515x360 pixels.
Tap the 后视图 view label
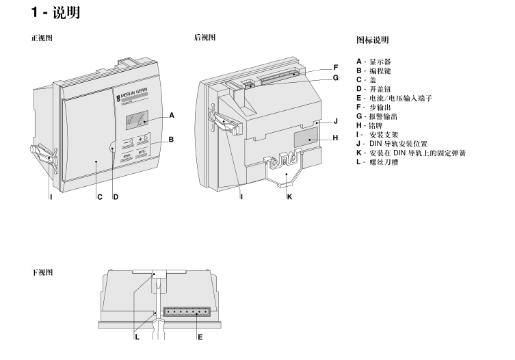(205, 38)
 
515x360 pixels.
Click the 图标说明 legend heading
(373, 40)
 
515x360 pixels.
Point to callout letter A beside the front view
(172, 115)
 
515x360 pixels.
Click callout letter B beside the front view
(171, 140)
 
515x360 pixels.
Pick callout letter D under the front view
(116, 197)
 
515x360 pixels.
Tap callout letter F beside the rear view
(336, 67)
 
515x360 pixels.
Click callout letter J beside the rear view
(336, 121)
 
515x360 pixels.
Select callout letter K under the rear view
(289, 197)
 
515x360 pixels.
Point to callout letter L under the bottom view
(137, 337)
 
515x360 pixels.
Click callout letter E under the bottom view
(200, 337)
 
